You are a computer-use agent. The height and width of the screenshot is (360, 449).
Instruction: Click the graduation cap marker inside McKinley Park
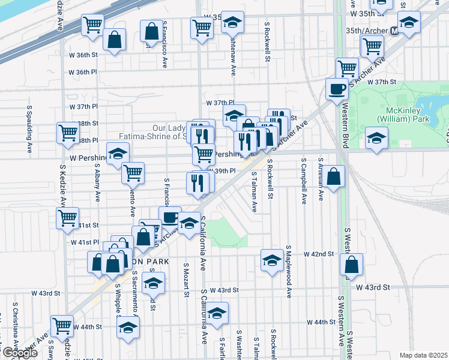tap(376, 138)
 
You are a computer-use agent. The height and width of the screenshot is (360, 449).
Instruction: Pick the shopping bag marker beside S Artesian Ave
tap(336, 176)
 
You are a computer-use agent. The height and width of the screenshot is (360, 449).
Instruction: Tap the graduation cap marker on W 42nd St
tap(272, 260)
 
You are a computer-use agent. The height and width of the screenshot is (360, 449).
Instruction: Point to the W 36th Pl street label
tap(82, 72)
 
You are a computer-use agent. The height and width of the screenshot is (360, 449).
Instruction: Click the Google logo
tap(19, 353)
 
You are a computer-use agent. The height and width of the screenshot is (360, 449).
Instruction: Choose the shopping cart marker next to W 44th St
tap(62, 326)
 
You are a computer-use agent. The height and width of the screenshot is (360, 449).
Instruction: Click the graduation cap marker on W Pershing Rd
tap(118, 154)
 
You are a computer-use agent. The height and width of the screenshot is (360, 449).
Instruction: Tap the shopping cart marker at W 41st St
tap(68, 218)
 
